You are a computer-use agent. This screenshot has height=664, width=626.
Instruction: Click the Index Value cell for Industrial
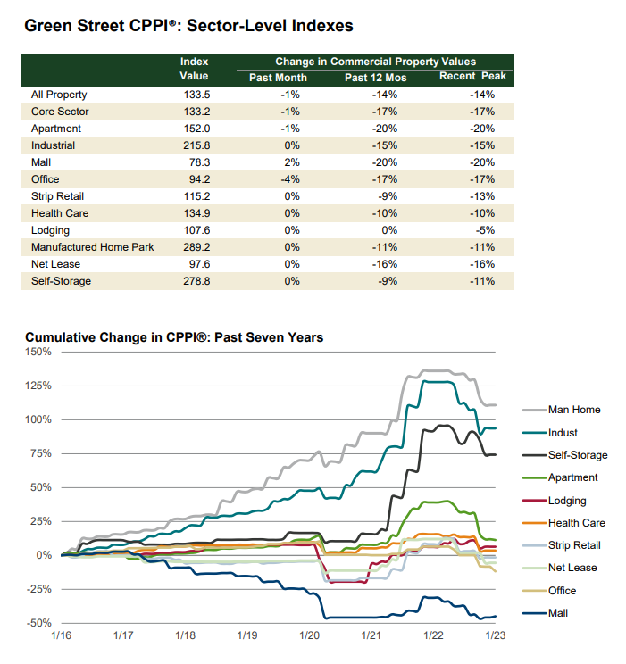[194, 145]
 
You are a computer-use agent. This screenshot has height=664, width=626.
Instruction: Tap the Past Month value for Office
[290, 179]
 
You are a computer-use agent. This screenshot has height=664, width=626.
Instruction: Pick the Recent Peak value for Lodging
[483, 230]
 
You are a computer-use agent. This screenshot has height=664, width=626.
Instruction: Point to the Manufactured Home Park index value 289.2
[194, 247]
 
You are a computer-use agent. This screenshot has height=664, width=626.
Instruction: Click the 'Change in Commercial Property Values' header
[375, 62]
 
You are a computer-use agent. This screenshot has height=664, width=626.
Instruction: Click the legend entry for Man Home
[573, 411]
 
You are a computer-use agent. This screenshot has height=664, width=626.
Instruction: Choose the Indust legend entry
[563, 433]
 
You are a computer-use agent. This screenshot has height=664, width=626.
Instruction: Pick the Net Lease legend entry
[572, 568]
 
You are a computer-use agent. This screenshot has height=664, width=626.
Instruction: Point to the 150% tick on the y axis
[38, 352]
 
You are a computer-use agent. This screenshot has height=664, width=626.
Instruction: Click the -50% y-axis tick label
[38, 623]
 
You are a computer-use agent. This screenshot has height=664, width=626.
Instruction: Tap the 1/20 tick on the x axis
[309, 635]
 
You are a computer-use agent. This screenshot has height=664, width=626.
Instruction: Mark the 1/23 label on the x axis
[495, 635]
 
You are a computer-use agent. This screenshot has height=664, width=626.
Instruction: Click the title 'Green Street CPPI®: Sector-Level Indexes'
[188, 26]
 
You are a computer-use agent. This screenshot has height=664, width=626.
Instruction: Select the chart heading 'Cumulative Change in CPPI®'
[174, 337]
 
